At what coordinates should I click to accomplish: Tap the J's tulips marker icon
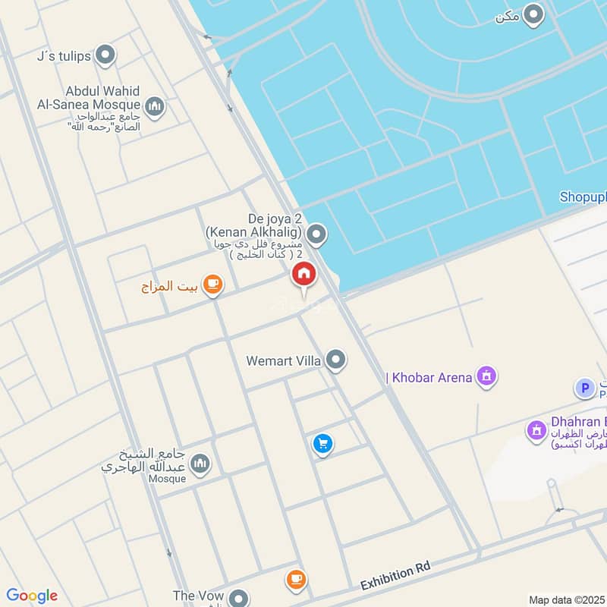pyautogui.click(x=105, y=55)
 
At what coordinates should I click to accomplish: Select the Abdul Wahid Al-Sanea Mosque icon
pyautogui.click(x=155, y=106)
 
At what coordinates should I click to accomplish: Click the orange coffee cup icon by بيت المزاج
pyautogui.click(x=213, y=285)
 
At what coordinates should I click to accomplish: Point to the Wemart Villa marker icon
pyautogui.click(x=336, y=360)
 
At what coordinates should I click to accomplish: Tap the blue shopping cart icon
pyautogui.click(x=323, y=444)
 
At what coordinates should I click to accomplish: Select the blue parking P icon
pyautogui.click(x=584, y=389)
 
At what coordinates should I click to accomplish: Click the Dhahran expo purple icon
pyautogui.click(x=538, y=430)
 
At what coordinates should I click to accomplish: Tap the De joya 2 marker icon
pyautogui.click(x=317, y=234)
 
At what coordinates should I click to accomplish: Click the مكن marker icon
pyautogui.click(x=535, y=15)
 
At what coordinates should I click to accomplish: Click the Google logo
pyautogui.click(x=32, y=596)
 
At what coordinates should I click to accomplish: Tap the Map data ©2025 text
pyautogui.click(x=567, y=599)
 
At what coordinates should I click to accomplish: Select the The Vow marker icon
pyautogui.click(x=238, y=597)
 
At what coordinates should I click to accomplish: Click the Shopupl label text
pyautogui.click(x=583, y=197)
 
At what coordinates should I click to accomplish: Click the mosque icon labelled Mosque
pyautogui.click(x=200, y=462)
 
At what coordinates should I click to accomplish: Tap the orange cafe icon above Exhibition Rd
pyautogui.click(x=296, y=580)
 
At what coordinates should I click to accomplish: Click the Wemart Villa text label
pyautogui.click(x=284, y=361)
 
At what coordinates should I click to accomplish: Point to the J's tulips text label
pyautogui.click(x=64, y=56)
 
